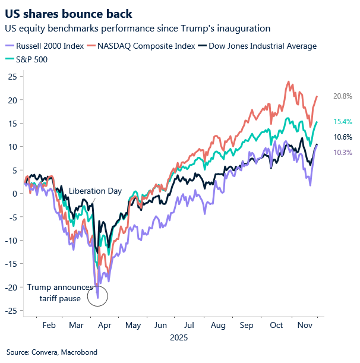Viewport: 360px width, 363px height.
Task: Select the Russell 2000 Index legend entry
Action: tap(51, 46)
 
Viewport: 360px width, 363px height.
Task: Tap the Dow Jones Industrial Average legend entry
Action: tap(270, 46)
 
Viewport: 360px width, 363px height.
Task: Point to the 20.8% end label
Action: tap(342, 96)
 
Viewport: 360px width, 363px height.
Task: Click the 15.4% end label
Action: tap(342, 122)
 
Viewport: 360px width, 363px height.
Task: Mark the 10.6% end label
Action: tap(342, 137)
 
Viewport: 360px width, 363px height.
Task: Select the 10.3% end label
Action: tap(342, 153)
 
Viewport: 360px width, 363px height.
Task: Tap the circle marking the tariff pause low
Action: tap(97, 295)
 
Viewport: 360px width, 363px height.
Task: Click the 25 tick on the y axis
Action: tap(11, 76)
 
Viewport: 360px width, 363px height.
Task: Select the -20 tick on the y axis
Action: tap(10, 287)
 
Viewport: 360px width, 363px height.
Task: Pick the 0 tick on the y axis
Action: tap(14, 193)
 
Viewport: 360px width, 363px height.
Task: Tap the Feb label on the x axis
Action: tap(49, 326)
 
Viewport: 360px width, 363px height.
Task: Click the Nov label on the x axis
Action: tap(305, 326)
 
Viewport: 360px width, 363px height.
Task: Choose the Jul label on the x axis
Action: tap(188, 326)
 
